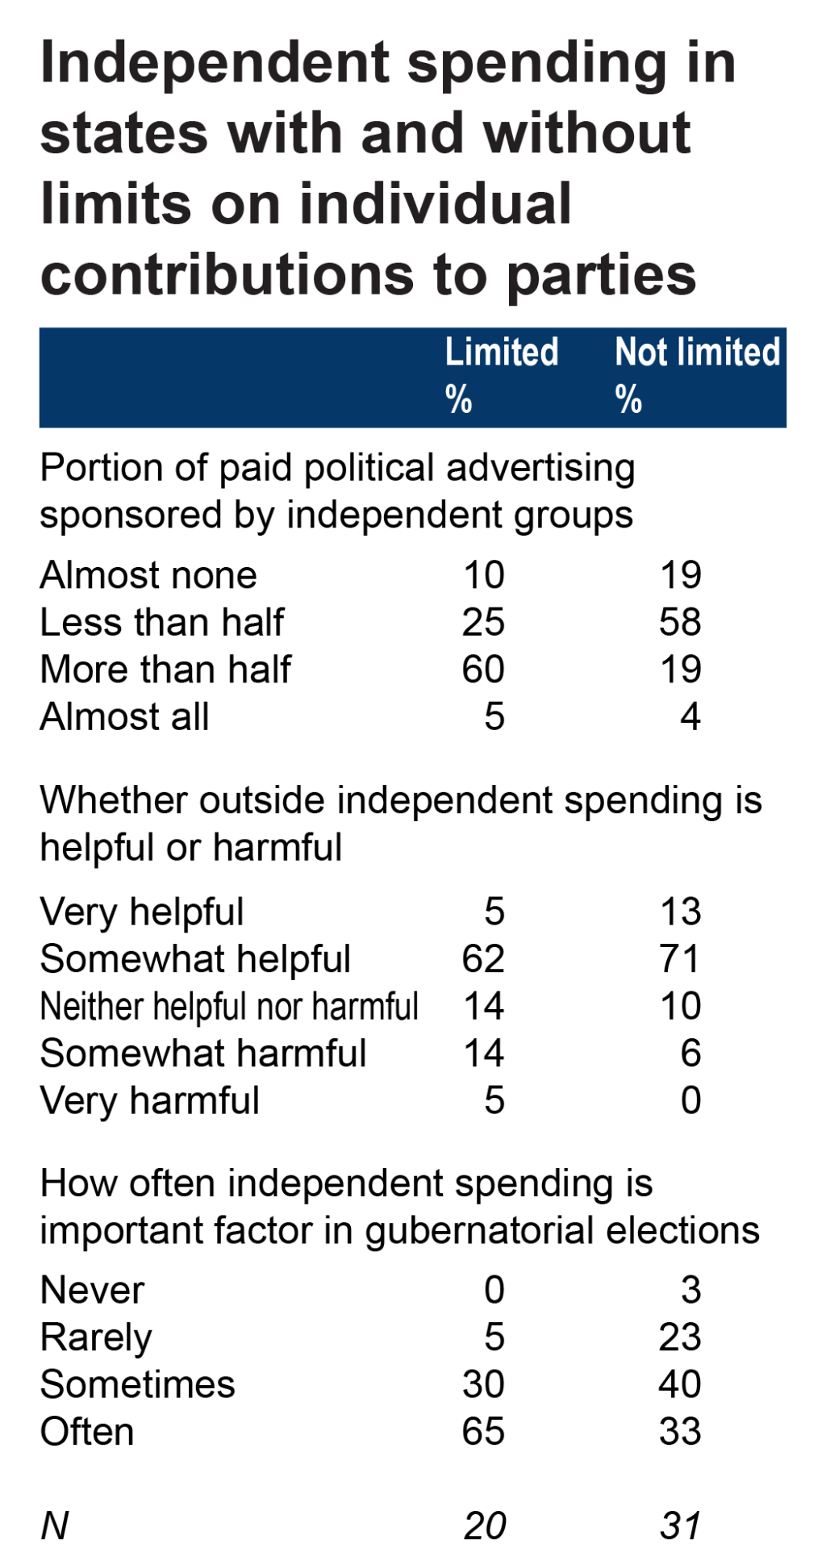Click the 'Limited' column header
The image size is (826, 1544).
[502, 353]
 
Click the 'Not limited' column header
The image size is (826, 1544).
[698, 353]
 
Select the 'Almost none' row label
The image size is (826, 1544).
[148, 576]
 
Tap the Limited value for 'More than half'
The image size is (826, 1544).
[483, 670]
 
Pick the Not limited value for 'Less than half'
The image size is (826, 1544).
[680, 623]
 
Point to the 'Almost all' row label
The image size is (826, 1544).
[125, 717]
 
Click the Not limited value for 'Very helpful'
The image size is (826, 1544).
[680, 912]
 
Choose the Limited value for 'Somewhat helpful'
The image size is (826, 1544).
[483, 960]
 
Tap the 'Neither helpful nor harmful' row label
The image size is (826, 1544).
[229, 1007]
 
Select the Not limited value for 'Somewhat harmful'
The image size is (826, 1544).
[690, 1054]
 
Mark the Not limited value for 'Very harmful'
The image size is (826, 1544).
[690, 1101]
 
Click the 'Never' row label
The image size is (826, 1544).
[92, 1291]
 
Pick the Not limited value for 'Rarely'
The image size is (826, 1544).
[680, 1338]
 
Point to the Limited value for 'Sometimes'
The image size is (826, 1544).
[483, 1385]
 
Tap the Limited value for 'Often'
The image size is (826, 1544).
[483, 1433]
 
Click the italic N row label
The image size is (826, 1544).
[55, 1526]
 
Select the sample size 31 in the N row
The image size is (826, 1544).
[680, 1526]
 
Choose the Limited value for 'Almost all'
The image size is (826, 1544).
[494, 717]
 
